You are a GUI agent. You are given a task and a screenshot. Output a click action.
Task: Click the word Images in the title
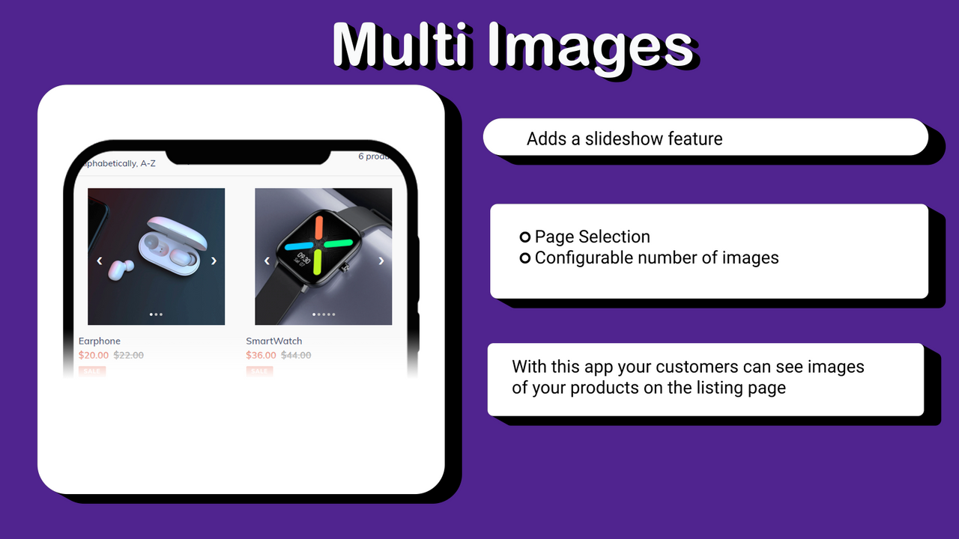590,46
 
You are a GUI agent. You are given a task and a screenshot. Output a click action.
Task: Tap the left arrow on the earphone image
100,261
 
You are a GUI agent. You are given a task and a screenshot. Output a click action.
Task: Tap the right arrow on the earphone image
214,261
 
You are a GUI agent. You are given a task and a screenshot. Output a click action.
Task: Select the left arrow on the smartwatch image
267,261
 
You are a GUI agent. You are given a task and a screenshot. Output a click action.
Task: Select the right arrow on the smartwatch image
381,261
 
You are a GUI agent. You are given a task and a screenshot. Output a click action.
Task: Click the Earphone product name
100,341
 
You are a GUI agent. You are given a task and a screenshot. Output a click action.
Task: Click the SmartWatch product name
274,341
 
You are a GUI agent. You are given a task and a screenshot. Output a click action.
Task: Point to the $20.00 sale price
94,356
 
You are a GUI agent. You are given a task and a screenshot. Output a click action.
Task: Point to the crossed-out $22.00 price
128,356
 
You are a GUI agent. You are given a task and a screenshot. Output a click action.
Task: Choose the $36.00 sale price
261,356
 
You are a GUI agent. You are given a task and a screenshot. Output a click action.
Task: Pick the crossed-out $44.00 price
296,356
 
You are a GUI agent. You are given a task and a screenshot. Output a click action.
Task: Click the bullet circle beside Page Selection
525,237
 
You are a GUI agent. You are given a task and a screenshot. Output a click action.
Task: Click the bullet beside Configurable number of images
525,258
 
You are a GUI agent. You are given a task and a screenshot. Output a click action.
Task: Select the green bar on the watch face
318,262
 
